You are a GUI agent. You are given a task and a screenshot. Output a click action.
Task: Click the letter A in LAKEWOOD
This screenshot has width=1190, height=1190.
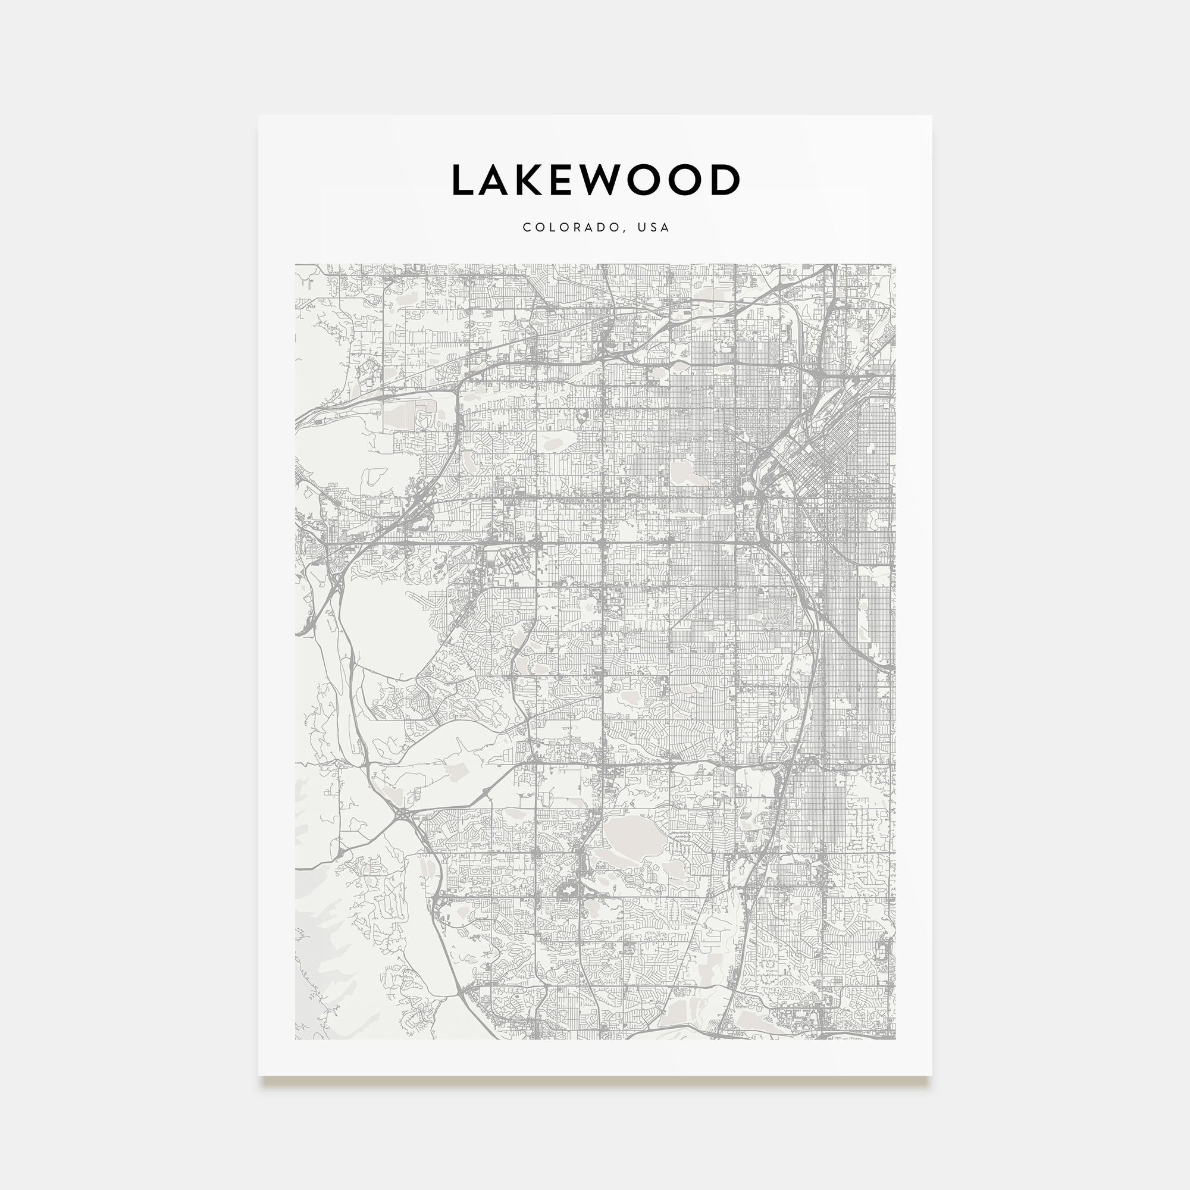pos(500,180)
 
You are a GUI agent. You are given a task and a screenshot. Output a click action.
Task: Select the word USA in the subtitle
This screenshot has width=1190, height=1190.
pos(653,227)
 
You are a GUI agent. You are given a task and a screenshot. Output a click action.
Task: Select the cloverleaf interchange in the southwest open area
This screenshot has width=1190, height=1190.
pos(403,815)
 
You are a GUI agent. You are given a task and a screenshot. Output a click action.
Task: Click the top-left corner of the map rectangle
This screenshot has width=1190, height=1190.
pos(295,264)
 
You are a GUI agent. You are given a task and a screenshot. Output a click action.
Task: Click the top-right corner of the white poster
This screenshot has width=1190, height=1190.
pos(931,115)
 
